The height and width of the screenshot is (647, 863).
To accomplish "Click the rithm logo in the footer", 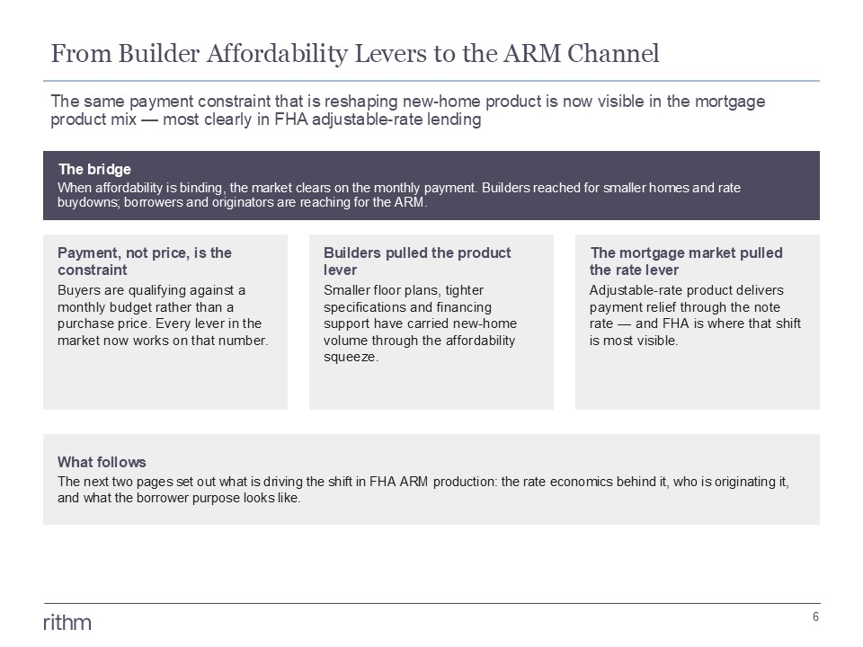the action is pyautogui.click(x=67, y=622).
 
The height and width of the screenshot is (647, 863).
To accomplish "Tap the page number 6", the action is pyautogui.click(x=815, y=616).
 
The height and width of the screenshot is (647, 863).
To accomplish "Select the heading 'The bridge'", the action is pyautogui.click(x=94, y=169).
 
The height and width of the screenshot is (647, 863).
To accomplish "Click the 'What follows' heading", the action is pyautogui.click(x=102, y=462).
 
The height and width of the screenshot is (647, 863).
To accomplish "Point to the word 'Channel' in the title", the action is pyautogui.click(x=613, y=53).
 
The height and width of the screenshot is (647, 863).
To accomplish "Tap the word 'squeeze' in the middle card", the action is pyautogui.click(x=350, y=357).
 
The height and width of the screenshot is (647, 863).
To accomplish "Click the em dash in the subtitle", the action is pyautogui.click(x=149, y=120).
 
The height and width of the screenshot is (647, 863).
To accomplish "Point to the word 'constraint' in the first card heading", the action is pyautogui.click(x=93, y=270).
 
